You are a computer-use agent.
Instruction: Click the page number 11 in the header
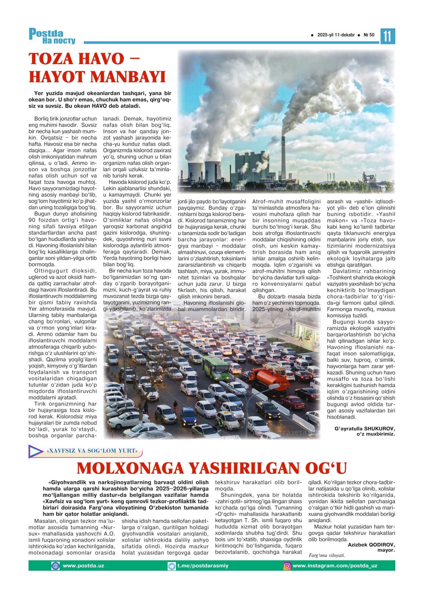pos(388,36)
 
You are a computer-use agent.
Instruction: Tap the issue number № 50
pos(369,35)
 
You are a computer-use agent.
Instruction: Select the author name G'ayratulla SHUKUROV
pos(364,429)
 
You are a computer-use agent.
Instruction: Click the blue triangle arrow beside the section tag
pos(35,451)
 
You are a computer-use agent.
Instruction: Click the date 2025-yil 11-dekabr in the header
pos(336,35)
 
